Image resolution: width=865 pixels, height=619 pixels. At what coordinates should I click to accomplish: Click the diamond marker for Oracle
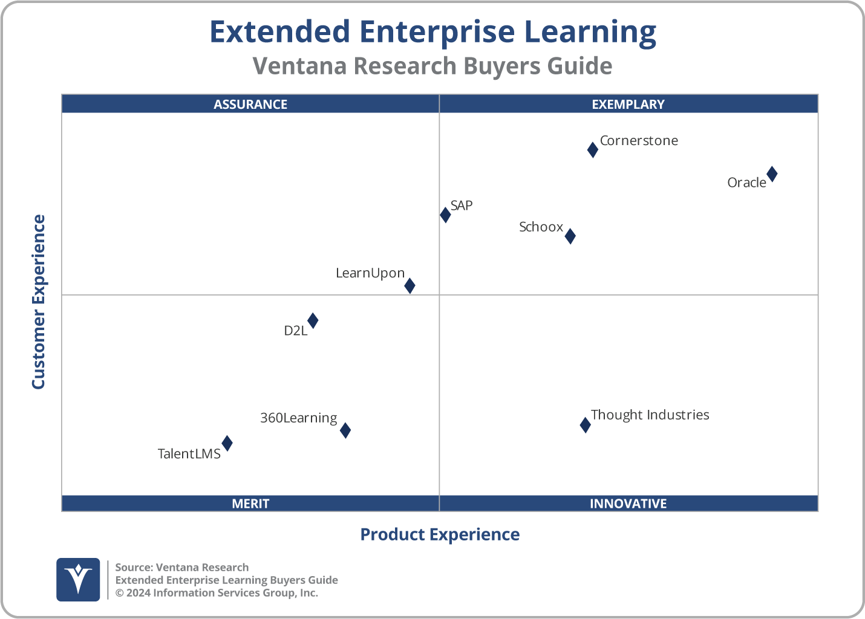coord(772,174)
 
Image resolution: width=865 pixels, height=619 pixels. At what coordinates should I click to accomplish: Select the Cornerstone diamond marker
coord(593,150)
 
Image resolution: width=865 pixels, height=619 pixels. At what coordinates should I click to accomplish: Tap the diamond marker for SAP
coord(445,215)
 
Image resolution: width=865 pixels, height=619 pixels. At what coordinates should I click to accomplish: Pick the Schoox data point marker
coord(570,236)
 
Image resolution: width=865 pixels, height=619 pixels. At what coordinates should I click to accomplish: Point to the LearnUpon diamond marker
coord(410,286)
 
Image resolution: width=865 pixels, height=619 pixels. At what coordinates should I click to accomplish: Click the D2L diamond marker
coord(313,320)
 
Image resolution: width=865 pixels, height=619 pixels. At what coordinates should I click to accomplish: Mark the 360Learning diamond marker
coord(345,430)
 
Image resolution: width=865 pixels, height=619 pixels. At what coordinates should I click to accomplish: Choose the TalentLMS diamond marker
coord(227,443)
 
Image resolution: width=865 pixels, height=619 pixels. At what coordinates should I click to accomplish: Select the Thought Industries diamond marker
coord(585,425)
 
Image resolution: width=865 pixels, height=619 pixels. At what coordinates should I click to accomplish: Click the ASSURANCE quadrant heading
coord(250,104)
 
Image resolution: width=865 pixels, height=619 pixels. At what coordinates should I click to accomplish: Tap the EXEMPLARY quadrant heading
coord(628,104)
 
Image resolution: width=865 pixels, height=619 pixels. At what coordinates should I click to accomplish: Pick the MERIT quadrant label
coord(250,504)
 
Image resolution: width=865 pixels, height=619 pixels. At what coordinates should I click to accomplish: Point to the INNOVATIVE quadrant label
coord(628,504)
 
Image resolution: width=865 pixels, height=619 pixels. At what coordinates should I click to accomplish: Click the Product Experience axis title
coord(440,534)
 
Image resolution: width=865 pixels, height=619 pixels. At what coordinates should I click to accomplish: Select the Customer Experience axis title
coord(39,302)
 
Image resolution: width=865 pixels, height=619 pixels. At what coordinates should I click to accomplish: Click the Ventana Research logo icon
coord(78,579)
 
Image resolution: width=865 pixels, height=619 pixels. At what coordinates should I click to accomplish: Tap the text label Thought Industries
coord(650,415)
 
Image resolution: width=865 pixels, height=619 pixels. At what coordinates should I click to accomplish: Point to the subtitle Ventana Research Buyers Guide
coord(432,66)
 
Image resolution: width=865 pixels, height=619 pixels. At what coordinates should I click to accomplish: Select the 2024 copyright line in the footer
coord(217,592)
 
